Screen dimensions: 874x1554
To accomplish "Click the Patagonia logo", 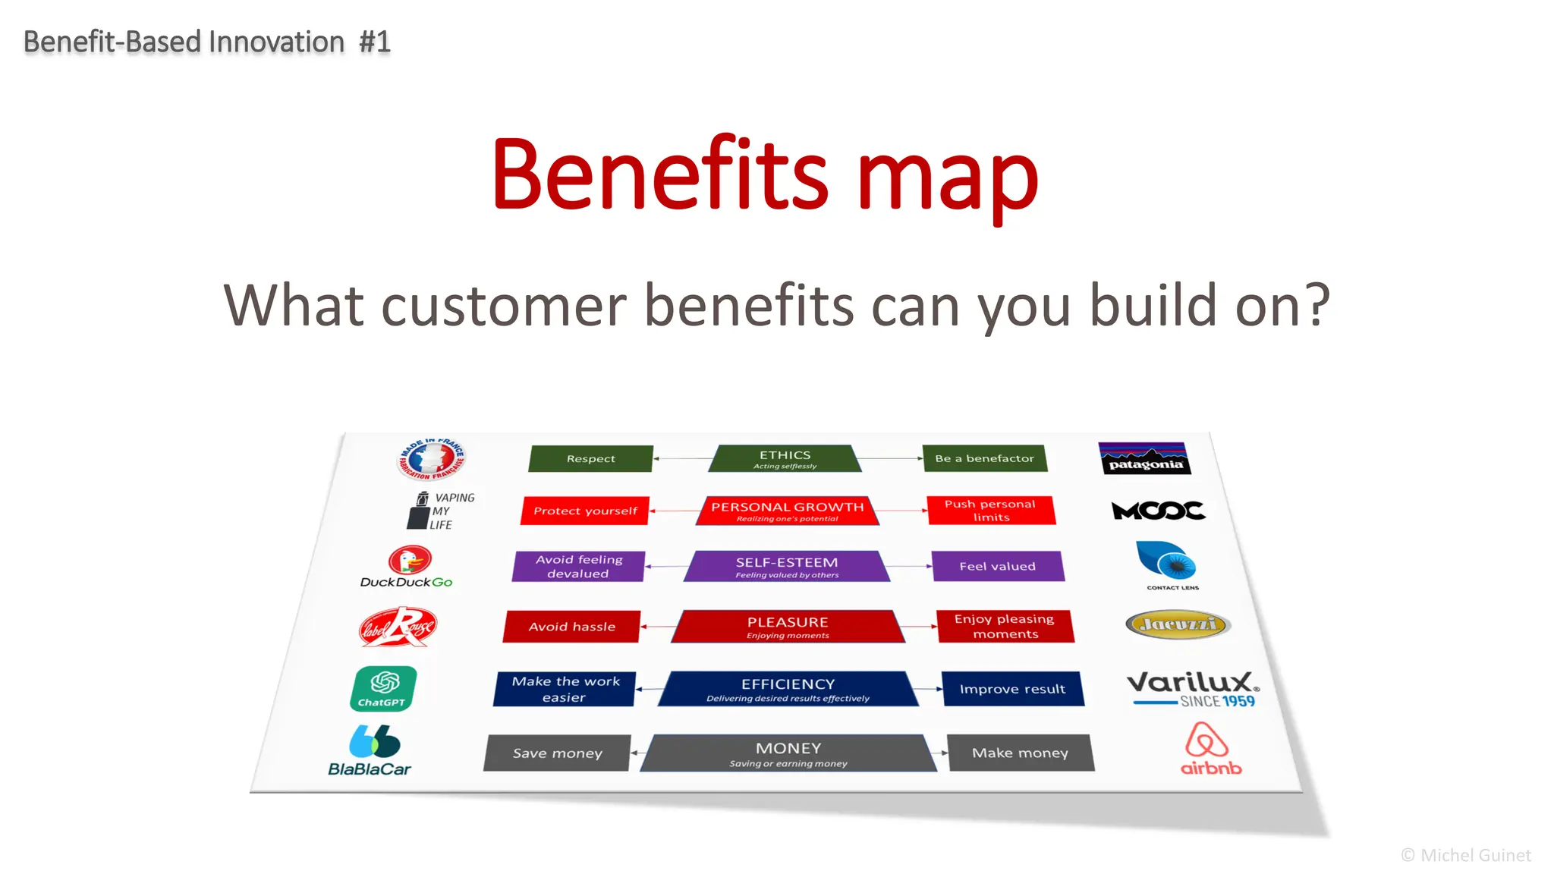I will coord(1144,458).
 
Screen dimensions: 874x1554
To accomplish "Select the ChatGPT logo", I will coord(383,688).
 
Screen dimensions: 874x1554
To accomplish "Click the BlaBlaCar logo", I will coord(371,750).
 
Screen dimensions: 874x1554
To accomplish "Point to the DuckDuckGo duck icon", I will coord(410,561).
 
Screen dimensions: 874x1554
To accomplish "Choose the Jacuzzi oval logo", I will coord(1177,624).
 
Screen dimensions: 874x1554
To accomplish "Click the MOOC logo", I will coord(1157,511).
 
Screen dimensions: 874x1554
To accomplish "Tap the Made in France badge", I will coord(431,458).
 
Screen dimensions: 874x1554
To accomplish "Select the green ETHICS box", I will coord(785,459).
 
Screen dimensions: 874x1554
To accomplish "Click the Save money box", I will coord(557,753).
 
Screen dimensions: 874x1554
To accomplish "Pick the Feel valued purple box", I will coord(997,566).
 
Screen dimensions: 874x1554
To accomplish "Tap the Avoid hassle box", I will coord(571,627).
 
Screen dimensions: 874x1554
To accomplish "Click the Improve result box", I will coord(1012,689).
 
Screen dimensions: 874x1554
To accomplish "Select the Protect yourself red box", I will coord(585,511).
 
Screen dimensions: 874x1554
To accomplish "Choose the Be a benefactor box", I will coord(984,458).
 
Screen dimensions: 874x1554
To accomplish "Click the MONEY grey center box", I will coord(788,753).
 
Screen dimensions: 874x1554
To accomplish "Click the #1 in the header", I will coord(374,42).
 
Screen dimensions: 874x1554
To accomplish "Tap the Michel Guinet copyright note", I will coord(1465,855).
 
